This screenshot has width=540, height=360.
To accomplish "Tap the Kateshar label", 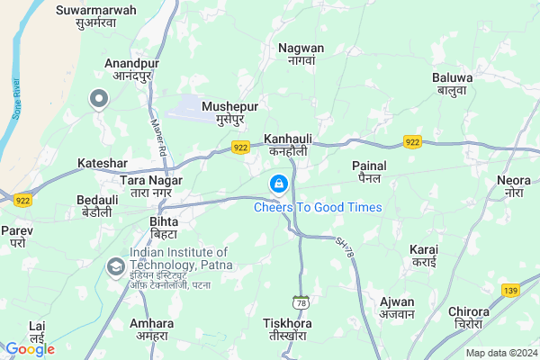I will click(103, 163).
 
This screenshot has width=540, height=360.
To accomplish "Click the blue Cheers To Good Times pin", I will click(279, 184).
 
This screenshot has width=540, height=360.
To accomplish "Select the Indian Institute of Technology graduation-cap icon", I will click(115, 266).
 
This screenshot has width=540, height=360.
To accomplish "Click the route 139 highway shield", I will click(511, 290).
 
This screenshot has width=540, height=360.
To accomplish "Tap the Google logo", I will click(30, 349).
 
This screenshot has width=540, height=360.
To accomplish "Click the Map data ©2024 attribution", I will click(499, 353).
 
